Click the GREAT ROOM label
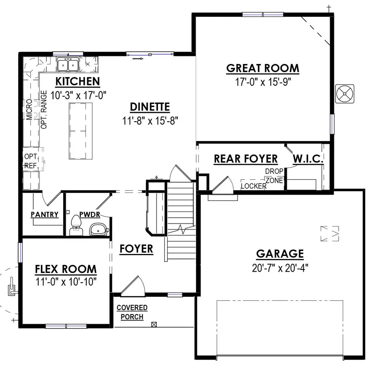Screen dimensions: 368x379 pyautogui.click(x=263, y=68)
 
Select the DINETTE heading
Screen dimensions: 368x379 pyautogui.click(x=149, y=107)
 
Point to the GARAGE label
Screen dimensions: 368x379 pyautogui.click(x=280, y=254)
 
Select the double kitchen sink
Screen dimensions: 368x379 pyautogui.click(x=68, y=65)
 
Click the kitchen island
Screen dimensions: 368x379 pyautogui.click(x=80, y=131)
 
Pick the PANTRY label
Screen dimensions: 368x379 pyautogui.click(x=45, y=214)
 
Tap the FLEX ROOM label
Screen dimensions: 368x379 pyautogui.click(x=66, y=269)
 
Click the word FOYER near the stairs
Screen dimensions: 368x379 pyautogui.click(x=136, y=249)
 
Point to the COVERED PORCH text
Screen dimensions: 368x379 pyautogui.click(x=132, y=312)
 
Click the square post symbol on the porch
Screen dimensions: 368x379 pyautogui.click(x=154, y=324)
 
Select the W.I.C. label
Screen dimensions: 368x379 pyautogui.click(x=308, y=159)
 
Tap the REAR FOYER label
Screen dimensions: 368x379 pyautogui.click(x=246, y=159)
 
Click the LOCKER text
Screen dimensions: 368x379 pyautogui.click(x=254, y=186)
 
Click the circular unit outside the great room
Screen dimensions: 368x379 pyautogui.click(x=344, y=93)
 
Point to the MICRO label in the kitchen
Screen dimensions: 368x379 pyautogui.click(x=29, y=109)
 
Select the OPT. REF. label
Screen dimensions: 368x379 pyautogui.click(x=31, y=161)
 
